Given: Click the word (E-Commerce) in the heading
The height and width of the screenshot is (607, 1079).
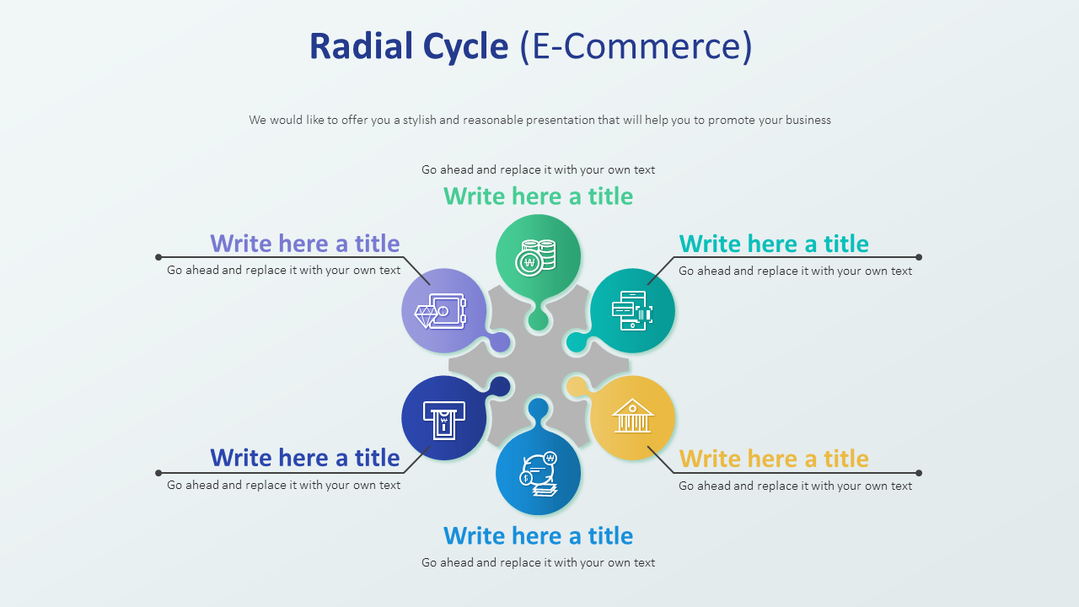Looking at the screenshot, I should (635, 46).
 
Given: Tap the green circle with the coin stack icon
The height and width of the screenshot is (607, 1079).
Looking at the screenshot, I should (538, 256).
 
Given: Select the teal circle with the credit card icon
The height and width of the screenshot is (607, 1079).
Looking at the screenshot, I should (632, 311).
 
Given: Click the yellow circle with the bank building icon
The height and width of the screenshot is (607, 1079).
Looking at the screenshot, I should (632, 417).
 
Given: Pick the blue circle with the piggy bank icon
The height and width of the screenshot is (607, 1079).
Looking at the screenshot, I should (538, 473).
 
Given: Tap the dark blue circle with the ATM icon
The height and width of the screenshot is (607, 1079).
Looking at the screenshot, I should (444, 418).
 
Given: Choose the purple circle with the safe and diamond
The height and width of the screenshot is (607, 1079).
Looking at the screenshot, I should (443, 311).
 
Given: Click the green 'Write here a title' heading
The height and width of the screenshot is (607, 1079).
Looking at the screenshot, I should (538, 196).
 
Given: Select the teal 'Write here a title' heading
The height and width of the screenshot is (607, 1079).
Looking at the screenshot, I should (774, 244).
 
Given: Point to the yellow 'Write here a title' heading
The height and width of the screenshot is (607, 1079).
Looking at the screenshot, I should (774, 459).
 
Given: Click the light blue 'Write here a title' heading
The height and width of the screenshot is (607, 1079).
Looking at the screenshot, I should (538, 535).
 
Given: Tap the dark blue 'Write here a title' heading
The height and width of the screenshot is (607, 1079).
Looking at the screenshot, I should (304, 458).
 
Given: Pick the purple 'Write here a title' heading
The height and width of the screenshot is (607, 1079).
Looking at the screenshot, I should (304, 243).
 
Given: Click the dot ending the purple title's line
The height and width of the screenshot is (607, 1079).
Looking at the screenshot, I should (158, 257).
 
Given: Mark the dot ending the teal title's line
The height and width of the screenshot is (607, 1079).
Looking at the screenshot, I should (919, 257).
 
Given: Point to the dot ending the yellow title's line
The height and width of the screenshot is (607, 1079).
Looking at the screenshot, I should (919, 473).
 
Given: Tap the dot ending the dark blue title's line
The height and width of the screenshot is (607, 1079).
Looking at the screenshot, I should (158, 473).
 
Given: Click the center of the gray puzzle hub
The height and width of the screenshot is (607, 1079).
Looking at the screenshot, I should (539, 365).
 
